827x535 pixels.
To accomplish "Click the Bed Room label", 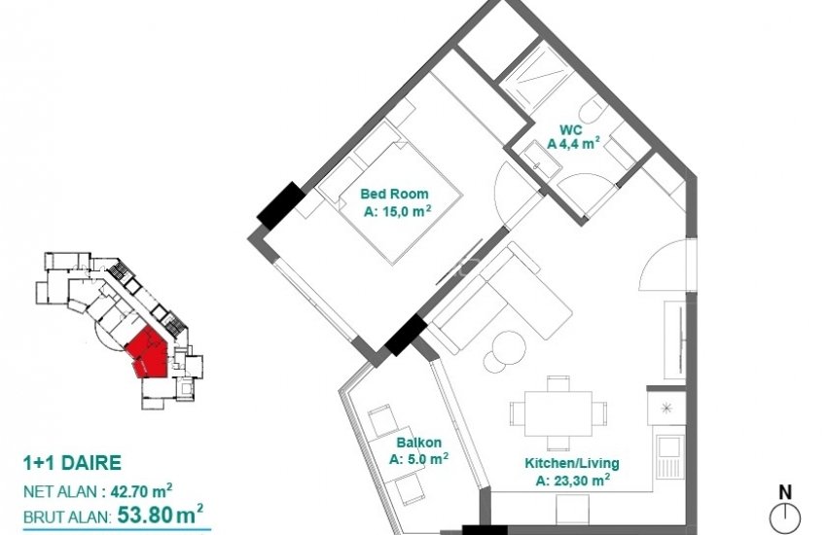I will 394,193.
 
